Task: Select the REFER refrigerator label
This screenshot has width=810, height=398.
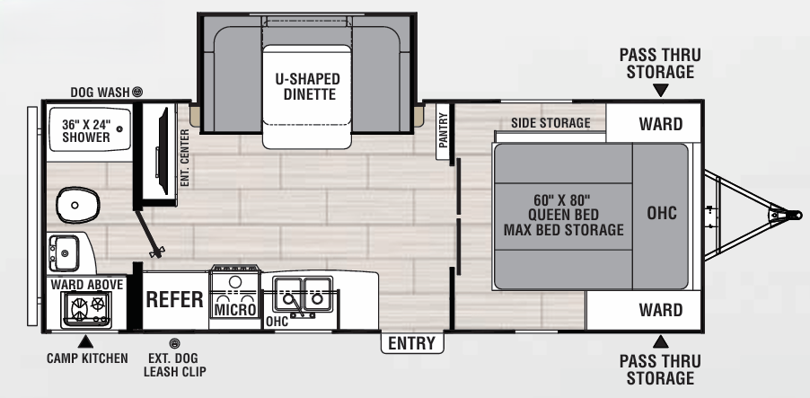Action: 174,299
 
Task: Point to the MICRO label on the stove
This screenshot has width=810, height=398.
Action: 234,310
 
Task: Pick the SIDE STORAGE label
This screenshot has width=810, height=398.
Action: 550,123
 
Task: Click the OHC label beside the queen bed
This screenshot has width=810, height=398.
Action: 661,213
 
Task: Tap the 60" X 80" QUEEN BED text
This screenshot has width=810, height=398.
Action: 563,214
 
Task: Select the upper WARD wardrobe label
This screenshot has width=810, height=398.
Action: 660,124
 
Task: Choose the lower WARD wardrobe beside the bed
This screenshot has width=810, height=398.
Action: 660,311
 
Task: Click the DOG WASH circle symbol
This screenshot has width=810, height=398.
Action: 137,92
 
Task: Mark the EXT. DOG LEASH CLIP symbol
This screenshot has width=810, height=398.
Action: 174,343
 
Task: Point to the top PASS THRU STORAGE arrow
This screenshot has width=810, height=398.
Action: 661,90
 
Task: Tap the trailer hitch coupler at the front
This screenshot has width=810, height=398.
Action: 789,214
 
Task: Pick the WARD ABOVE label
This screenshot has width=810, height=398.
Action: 86,284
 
